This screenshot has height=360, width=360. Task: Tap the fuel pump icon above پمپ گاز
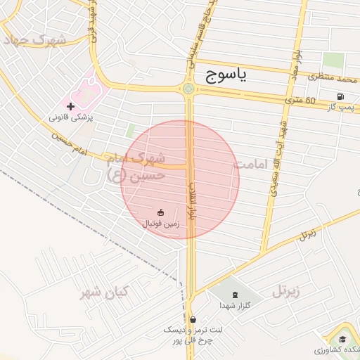[340, 96]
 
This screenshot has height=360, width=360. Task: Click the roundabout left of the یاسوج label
[188, 89]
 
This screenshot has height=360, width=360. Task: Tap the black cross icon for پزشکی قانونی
[71, 105]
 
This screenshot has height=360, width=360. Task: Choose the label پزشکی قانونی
[71, 117]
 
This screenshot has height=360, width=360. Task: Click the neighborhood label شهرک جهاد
[35, 39]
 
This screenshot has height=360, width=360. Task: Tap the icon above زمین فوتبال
[161, 212]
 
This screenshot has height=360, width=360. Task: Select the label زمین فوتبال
[161, 224]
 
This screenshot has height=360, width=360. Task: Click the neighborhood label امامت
[252, 164]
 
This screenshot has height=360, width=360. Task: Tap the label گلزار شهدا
[233, 306]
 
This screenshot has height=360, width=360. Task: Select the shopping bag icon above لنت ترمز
[193, 319]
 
